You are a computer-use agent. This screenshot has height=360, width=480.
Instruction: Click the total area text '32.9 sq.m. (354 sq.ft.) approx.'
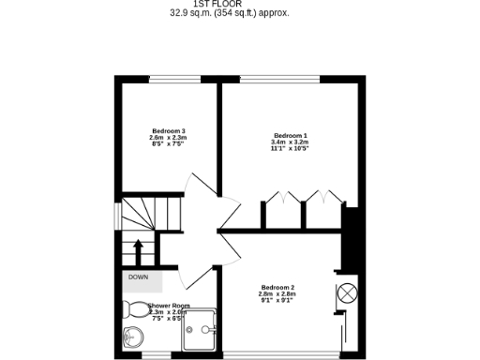229,13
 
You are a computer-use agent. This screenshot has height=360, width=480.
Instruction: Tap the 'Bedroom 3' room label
167,130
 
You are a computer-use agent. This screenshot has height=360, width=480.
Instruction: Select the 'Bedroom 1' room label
290,136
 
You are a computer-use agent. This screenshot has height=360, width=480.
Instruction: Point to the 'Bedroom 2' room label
277,287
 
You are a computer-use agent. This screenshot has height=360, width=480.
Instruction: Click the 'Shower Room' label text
169,306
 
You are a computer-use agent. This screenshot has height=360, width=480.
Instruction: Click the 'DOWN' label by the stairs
139,277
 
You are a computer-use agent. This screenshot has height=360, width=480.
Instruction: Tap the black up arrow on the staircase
139,251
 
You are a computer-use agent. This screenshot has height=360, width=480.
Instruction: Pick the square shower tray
199,330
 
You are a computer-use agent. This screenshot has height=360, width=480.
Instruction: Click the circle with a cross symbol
347,292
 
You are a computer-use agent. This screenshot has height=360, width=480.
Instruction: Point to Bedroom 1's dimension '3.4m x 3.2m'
290,142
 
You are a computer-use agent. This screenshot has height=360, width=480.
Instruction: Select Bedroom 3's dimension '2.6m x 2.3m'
167,137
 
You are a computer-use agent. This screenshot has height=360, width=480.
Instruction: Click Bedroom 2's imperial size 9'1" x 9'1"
277,300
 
